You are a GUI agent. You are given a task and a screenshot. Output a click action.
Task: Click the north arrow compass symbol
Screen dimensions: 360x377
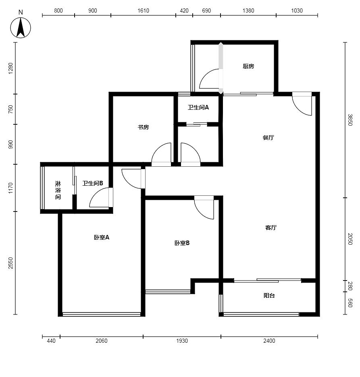[21, 28]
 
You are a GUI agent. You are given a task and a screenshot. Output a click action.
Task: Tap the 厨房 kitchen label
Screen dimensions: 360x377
[248, 66]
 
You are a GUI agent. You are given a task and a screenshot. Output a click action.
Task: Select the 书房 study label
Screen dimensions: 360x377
[143, 127]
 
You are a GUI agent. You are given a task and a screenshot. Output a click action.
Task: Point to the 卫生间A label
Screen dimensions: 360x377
[198, 107]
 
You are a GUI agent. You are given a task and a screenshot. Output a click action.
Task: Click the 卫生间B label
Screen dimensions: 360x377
[93, 183]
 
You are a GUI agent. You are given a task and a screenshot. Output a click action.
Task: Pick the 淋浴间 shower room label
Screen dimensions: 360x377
[58, 190]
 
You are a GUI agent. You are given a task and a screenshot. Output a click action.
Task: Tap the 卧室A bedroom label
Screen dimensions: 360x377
[101, 237]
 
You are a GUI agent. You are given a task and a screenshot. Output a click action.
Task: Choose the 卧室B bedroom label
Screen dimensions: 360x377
[182, 243]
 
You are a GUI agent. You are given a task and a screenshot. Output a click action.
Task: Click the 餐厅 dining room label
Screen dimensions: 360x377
[268, 138]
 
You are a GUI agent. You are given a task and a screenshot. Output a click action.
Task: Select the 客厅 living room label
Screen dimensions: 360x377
[271, 227]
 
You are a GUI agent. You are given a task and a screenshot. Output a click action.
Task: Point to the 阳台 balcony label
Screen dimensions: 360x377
[269, 295]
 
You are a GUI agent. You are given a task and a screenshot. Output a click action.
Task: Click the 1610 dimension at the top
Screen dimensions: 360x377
[143, 10]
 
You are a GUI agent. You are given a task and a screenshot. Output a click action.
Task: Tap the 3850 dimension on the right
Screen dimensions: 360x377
[350, 120]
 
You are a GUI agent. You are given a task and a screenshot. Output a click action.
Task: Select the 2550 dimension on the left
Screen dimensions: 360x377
[10, 263]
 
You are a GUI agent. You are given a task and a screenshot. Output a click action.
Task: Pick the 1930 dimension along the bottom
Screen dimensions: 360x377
[182, 341]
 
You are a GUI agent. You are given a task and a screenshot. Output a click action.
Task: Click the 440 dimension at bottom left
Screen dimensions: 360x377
[51, 341]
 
